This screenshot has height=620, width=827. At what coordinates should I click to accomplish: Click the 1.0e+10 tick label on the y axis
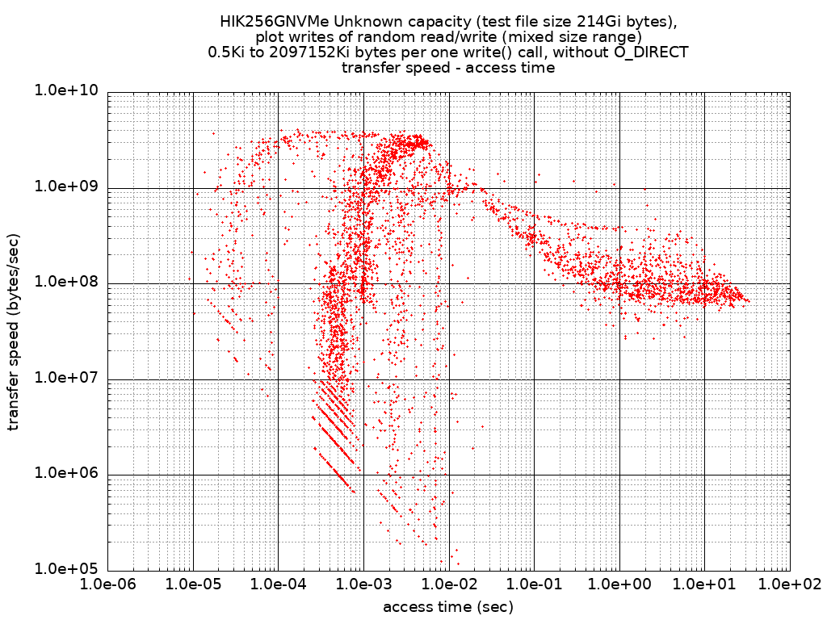tap(66, 91)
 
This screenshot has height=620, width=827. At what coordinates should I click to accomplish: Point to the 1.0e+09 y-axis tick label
tap(66, 186)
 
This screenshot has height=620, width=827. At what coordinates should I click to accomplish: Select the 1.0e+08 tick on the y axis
tap(66, 282)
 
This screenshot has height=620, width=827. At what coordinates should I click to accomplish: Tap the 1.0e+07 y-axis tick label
tap(66, 378)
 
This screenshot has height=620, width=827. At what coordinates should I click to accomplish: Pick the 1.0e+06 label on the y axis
tap(66, 473)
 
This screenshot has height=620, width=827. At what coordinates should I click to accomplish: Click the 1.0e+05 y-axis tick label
tap(66, 568)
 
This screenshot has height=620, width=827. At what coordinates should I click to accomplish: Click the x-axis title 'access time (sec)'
tap(448, 606)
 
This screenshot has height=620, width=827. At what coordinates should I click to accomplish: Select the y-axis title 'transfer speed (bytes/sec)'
tap(14, 331)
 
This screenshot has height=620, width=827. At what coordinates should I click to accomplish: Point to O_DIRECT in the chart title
tap(649, 52)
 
